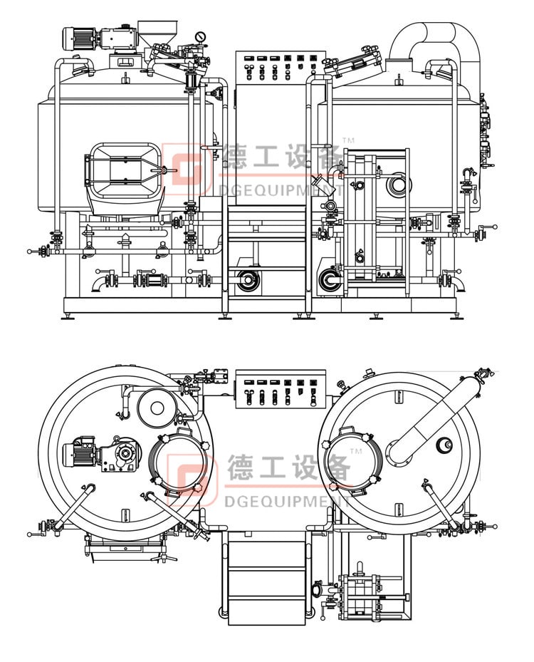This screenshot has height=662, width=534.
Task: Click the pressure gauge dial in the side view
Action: (200, 36)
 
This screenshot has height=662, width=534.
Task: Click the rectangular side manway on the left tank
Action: (122, 170)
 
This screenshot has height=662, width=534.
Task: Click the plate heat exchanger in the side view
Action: (375, 221)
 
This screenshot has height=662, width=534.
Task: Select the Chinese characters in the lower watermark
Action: (288, 467)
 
